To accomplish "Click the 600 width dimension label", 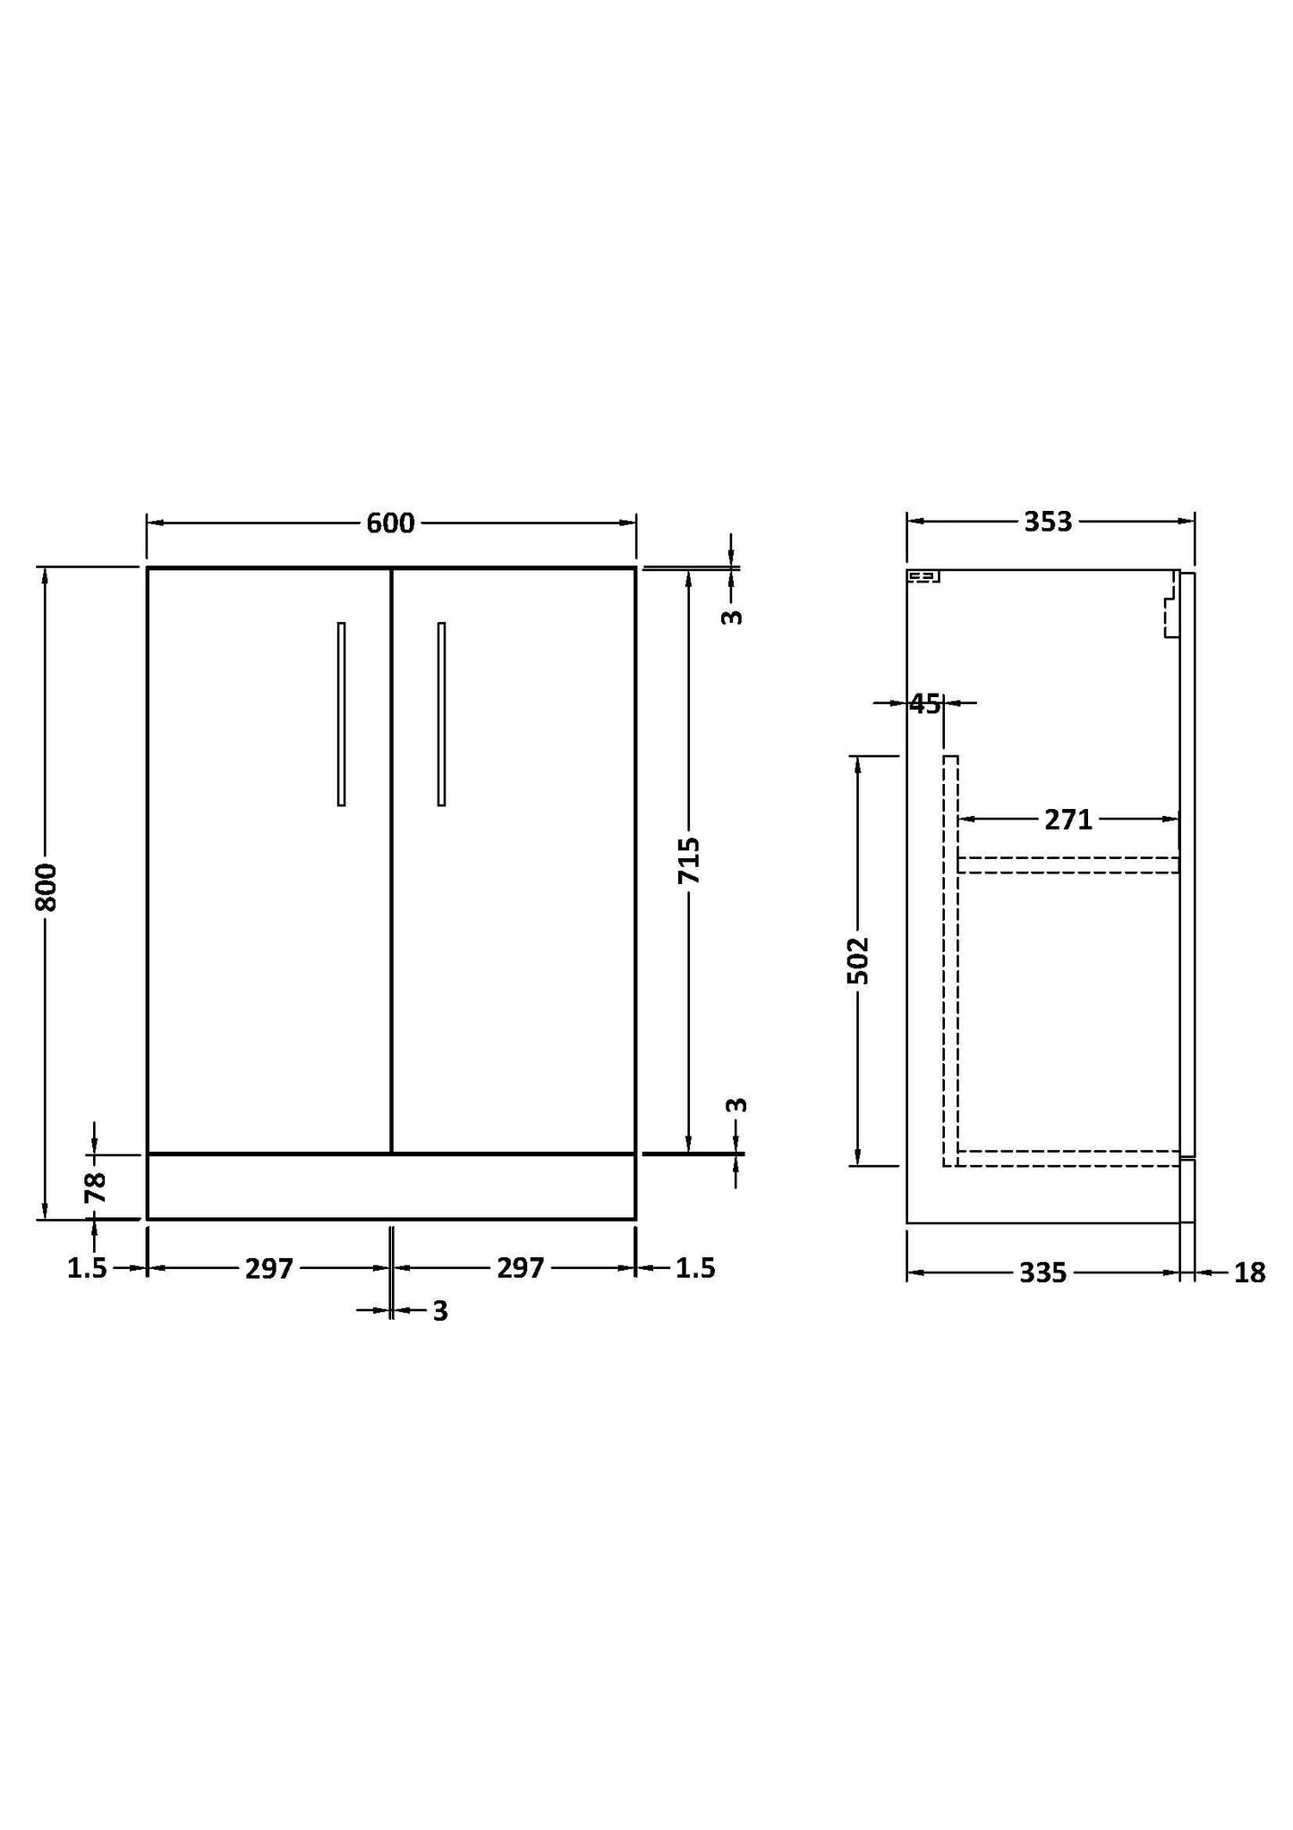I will (390, 523).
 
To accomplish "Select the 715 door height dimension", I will (688, 860).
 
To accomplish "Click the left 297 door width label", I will (269, 1268).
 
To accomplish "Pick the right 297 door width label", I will (520, 1268).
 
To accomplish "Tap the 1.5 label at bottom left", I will (87, 1268).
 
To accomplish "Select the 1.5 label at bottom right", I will (695, 1268).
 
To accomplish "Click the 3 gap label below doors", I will (440, 1311).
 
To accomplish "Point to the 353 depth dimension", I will (1048, 522).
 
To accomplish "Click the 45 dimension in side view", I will (925, 704).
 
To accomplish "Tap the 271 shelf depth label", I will (1068, 819).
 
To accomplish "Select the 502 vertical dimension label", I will (858, 960).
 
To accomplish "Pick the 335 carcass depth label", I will (1043, 1272).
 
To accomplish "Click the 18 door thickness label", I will (1249, 1272).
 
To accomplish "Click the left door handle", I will (341, 714).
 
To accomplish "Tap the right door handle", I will (441, 714).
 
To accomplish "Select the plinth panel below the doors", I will (391, 1187).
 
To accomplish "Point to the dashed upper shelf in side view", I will (1068, 864).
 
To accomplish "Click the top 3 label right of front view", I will (732, 616).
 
